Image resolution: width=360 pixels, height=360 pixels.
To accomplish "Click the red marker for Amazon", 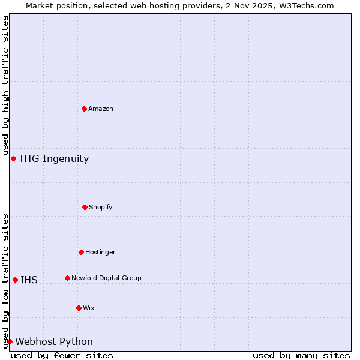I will point(84,109).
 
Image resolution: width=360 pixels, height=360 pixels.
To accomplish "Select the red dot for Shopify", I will point(85,207).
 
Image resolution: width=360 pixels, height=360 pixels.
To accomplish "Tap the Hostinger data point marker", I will point(81,252).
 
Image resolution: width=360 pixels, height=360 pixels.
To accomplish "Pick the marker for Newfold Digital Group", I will point(67,278).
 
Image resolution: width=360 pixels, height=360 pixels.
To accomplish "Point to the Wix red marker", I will point(79,308).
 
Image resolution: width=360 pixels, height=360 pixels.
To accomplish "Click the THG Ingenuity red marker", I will point(13,158).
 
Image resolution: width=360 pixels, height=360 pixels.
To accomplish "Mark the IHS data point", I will point(15,280).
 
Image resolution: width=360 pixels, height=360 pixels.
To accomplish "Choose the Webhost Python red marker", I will point(10,341).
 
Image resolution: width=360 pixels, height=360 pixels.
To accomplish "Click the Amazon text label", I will point(101,109).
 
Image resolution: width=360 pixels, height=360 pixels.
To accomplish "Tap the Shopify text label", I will point(101,207).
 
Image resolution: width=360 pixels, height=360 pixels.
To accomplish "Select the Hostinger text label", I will point(100,252).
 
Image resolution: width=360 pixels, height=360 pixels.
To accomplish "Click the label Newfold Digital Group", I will point(106,278).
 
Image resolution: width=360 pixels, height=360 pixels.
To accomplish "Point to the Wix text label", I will point(89,308).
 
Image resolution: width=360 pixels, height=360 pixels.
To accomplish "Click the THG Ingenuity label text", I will point(53,158).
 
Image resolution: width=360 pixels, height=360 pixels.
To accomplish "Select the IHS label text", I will point(29,280).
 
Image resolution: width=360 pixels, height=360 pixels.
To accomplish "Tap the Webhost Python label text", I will point(54,341).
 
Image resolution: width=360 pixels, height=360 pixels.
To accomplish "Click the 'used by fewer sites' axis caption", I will point(62,355).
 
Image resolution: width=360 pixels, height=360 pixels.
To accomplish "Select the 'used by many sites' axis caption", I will point(301,355).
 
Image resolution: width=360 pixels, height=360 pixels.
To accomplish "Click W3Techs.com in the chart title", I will point(304,5).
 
